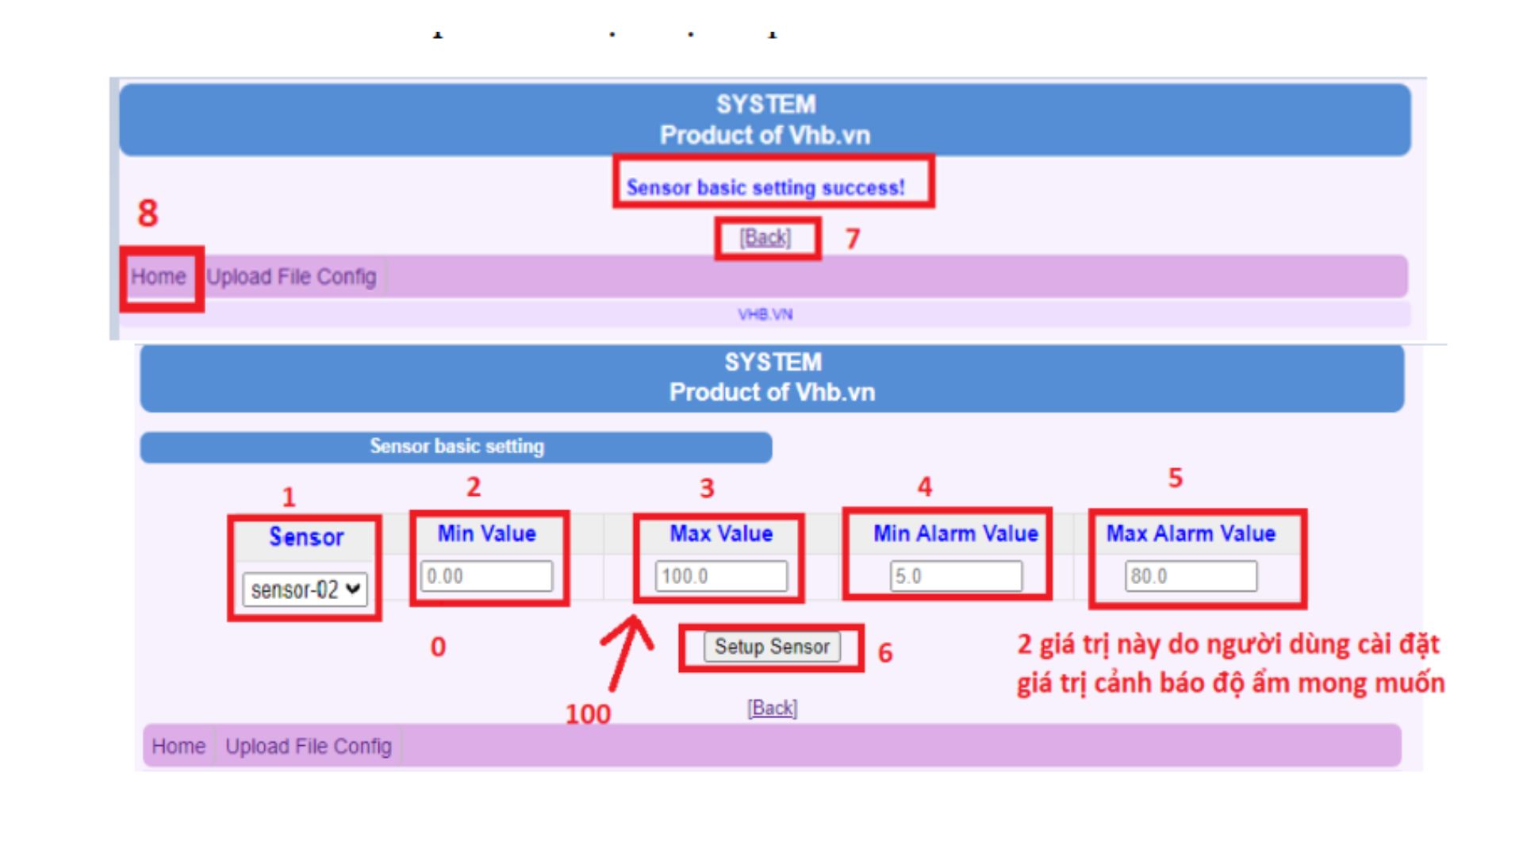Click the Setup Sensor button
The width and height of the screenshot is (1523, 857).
tap(772, 647)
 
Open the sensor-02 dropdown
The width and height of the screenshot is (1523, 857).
tap(305, 590)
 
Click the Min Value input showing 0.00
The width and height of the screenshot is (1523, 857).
tap(486, 576)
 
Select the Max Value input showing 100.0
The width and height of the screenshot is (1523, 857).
tap(721, 576)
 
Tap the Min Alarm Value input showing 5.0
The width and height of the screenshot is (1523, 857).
tap(956, 576)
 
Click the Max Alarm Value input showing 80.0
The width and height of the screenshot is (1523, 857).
tap(1191, 576)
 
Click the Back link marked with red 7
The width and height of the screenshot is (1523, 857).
tap(765, 237)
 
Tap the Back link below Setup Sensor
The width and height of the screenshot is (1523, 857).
tap(772, 708)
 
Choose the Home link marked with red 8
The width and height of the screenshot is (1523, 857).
tap(159, 277)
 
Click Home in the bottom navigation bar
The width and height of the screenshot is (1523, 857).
tap(178, 747)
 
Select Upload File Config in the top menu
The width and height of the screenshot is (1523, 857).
tap(291, 277)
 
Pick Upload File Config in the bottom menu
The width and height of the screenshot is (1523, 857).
tap(309, 747)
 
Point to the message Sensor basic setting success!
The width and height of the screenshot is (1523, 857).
tap(765, 188)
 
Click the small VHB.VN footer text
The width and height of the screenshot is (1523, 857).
tap(765, 314)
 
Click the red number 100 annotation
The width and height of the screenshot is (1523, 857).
tap(588, 714)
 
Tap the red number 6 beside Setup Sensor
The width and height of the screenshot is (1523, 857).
tap(885, 652)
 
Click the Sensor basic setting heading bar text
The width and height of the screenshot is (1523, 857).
tap(457, 447)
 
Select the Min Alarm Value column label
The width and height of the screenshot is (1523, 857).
tap(956, 533)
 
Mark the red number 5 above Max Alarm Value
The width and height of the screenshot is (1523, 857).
tap(1176, 478)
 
